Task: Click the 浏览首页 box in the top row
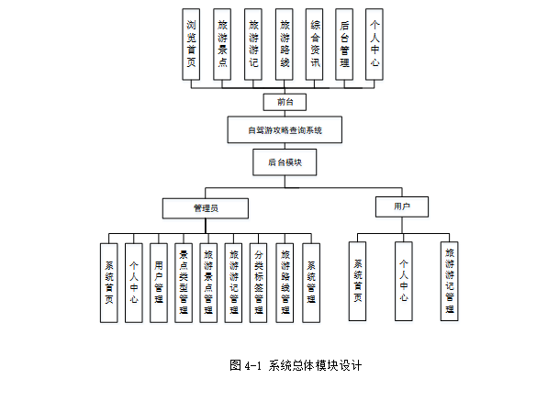pos(191,45)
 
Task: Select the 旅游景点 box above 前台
pos(222,45)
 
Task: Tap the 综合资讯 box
pos(315,45)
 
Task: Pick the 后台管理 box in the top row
pos(344,45)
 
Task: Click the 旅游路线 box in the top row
pos(285,45)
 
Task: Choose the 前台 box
pos(285,101)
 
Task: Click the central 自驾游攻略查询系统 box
pos(285,129)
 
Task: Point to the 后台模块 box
pos(285,162)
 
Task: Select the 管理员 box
pos(206,208)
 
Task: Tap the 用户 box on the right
pos(401,207)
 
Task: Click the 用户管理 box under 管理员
pos(159,282)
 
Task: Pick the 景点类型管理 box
pos(184,282)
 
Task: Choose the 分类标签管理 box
pos(260,282)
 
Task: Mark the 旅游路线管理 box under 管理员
pos(286,282)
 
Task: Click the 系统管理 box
pos(312,282)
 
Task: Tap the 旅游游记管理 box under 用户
pos(450,280)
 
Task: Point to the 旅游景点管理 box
pos(209,282)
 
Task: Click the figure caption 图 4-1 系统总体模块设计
pos(296,364)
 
